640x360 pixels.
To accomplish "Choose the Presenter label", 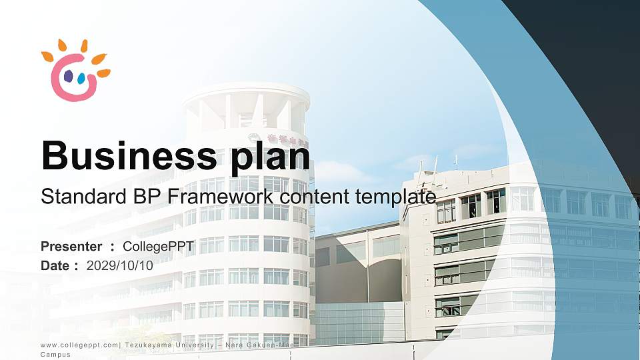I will [71, 247].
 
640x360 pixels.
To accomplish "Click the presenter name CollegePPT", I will [159, 247].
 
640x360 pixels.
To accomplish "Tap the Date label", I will [55, 265].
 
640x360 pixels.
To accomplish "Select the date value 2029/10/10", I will [120, 265].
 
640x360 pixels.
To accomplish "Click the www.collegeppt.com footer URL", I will [79, 345].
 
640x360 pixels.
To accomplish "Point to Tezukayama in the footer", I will [149, 345].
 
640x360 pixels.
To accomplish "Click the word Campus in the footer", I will [55, 355].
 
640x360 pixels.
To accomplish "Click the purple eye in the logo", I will [68, 77].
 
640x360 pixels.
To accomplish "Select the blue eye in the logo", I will [81, 79].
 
